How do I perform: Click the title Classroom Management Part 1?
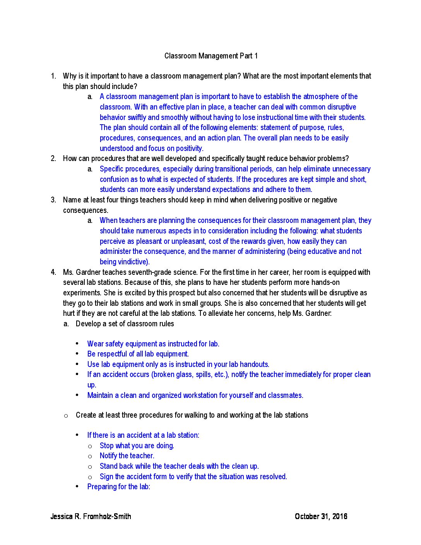click(211, 56)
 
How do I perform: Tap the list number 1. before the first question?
click(53, 76)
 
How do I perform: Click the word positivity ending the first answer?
click(189, 148)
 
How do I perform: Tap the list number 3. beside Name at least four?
click(53, 200)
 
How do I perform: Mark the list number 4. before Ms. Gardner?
click(53, 272)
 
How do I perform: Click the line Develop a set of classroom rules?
click(125, 324)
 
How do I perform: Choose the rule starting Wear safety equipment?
click(153, 344)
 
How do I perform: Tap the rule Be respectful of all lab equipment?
click(138, 354)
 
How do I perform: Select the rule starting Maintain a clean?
click(195, 395)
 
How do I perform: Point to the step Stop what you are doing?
click(137, 446)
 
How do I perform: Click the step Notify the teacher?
click(127, 456)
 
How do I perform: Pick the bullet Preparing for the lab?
click(118, 487)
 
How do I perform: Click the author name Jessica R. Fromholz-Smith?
click(91, 516)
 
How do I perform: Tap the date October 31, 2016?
click(321, 516)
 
